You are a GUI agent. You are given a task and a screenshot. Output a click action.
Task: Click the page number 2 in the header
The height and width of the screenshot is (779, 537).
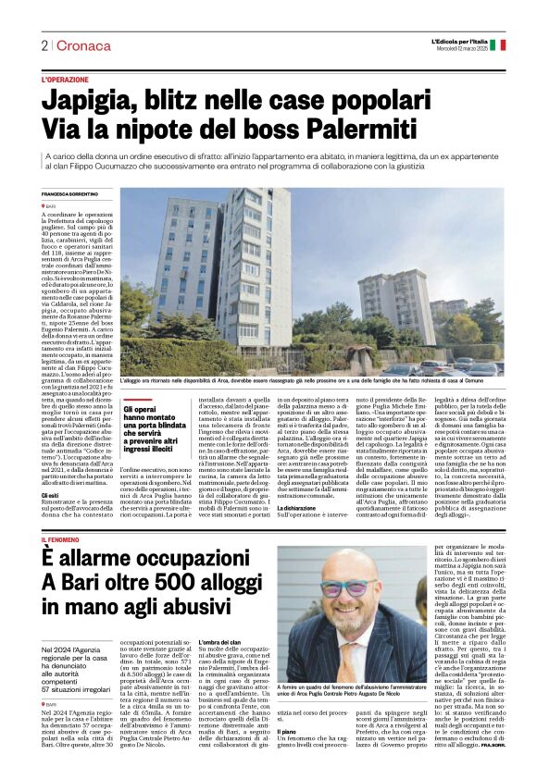click(x=44, y=45)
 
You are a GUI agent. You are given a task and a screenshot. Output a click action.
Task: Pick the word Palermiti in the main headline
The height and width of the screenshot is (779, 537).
click(x=393, y=127)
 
